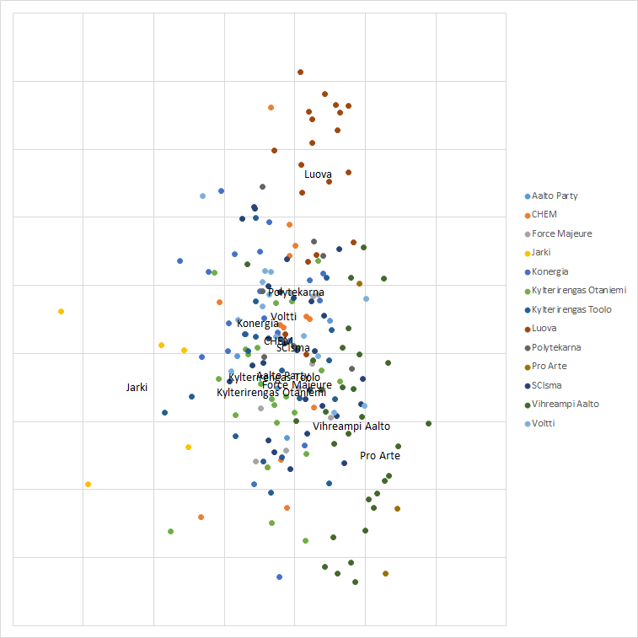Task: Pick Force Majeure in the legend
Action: [x=561, y=233]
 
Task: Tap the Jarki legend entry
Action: [x=541, y=252]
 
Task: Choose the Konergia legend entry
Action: [x=550, y=271]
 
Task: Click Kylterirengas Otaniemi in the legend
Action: [x=578, y=290]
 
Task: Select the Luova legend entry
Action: [x=544, y=328]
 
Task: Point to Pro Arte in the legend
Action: [x=549, y=366]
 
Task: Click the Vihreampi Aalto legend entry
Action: [x=565, y=404]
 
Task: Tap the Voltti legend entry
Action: [x=544, y=423]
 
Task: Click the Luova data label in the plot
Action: [x=318, y=174]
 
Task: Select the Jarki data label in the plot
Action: [x=137, y=387]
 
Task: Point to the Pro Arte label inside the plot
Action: [x=380, y=455]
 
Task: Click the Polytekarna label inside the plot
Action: [x=296, y=292]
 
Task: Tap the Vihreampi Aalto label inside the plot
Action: [x=351, y=426]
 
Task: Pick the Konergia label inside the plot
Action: [x=257, y=324]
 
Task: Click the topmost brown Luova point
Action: [x=300, y=72]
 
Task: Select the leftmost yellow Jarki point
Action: [x=61, y=311]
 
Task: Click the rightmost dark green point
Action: [x=428, y=423]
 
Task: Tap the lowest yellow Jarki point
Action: [x=88, y=484]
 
